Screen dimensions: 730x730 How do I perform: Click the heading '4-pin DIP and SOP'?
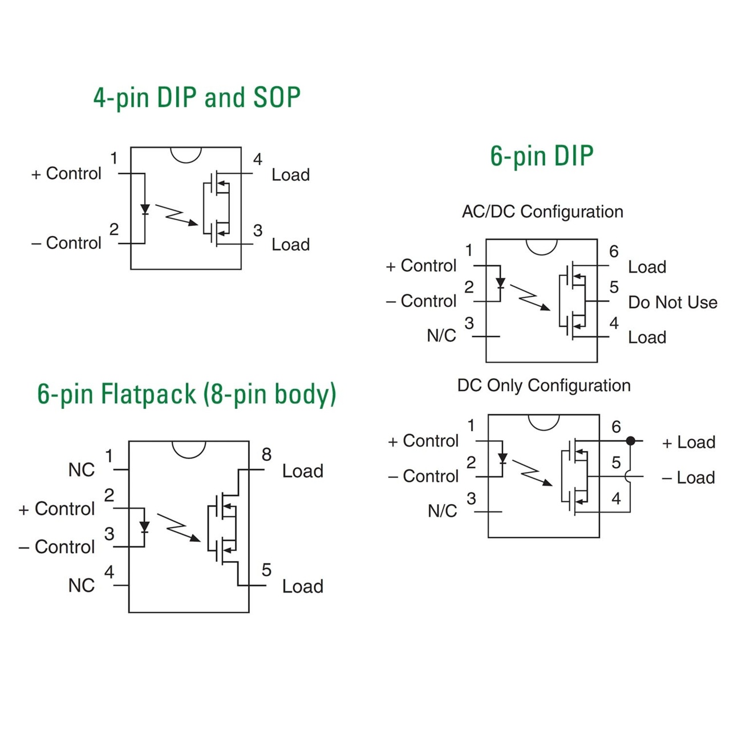click(x=197, y=98)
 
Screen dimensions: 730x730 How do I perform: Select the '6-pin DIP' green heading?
click(x=541, y=156)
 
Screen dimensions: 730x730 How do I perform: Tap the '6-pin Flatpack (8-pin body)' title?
click(x=186, y=394)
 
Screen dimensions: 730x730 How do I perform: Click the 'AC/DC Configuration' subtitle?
click(x=542, y=212)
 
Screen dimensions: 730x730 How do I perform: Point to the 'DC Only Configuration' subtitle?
click(x=544, y=386)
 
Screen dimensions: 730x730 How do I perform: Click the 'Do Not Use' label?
click(x=672, y=302)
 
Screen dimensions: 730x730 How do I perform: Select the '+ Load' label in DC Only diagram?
click(x=688, y=443)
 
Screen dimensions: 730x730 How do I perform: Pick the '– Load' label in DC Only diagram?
click(x=688, y=478)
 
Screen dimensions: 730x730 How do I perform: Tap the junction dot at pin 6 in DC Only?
click(x=630, y=441)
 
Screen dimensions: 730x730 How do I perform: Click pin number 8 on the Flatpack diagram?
click(x=266, y=455)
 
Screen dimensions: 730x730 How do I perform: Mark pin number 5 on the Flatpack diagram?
click(x=266, y=570)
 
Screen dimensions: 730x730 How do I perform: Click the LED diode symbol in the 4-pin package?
click(x=145, y=209)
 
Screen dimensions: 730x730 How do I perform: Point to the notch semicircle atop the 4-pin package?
click(x=186, y=154)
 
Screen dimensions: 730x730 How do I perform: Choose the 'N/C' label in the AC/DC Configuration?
click(x=441, y=336)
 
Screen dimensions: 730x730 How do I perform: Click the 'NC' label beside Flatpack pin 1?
click(x=82, y=470)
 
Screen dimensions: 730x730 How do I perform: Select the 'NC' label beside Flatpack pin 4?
click(x=82, y=586)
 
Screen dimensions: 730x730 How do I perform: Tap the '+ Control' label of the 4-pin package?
click(x=66, y=173)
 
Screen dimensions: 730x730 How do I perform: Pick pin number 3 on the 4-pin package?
click(x=258, y=230)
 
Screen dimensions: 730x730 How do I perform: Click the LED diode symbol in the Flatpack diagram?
click(x=144, y=526)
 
